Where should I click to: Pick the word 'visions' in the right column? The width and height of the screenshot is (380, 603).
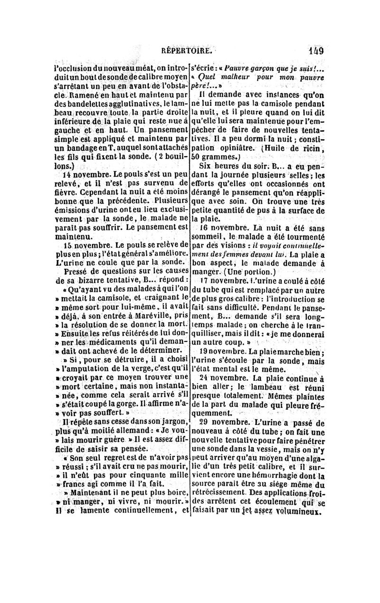223,245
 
